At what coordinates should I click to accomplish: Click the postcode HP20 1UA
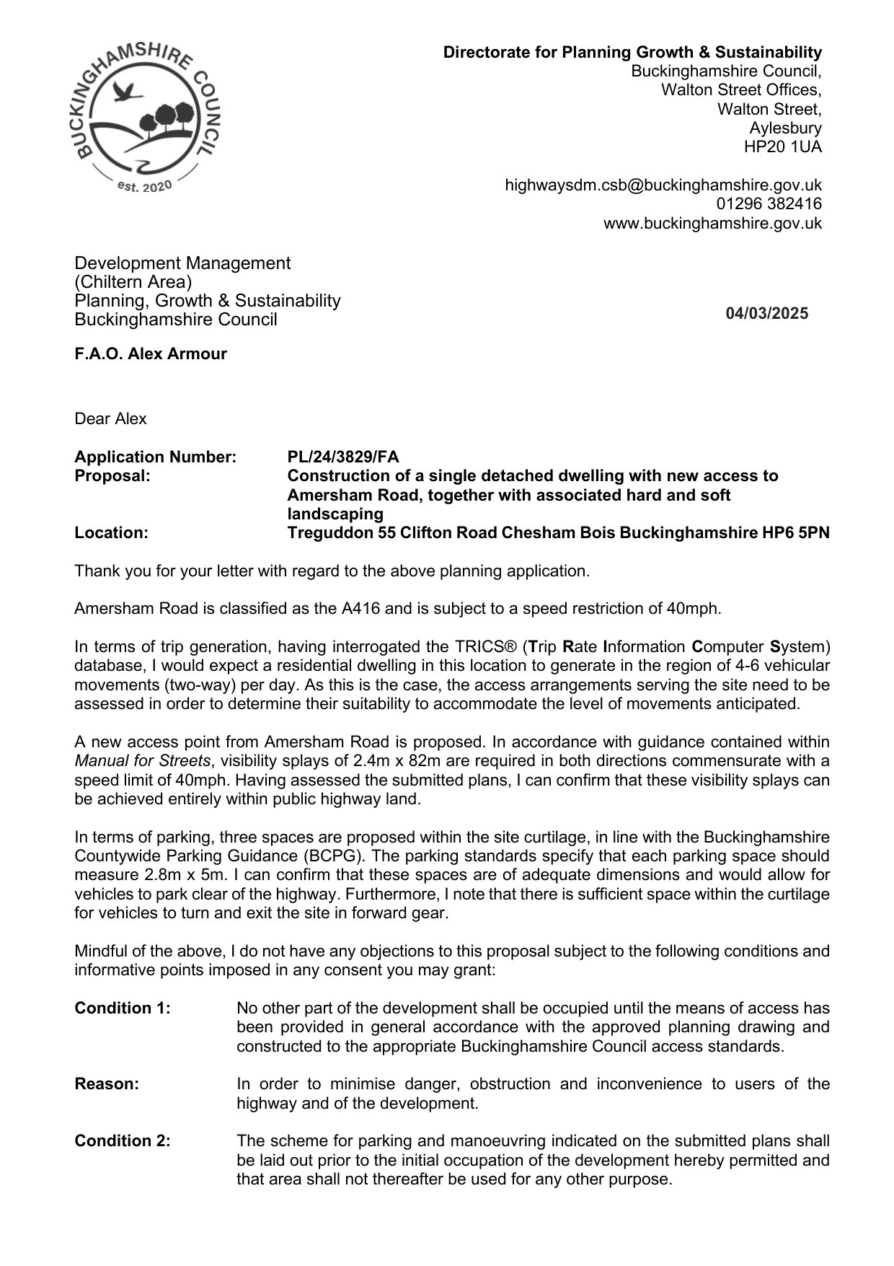pyautogui.click(x=782, y=147)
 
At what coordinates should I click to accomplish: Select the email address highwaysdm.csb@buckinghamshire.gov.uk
pyautogui.click(x=663, y=185)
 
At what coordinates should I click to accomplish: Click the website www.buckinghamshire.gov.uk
pyautogui.click(x=712, y=223)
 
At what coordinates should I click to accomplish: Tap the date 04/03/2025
pyautogui.click(x=767, y=313)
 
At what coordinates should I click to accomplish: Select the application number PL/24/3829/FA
pyautogui.click(x=342, y=457)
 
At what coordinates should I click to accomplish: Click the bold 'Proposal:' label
pyautogui.click(x=112, y=476)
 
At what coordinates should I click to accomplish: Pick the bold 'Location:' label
pyautogui.click(x=111, y=533)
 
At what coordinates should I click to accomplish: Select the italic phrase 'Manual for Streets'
pyautogui.click(x=143, y=761)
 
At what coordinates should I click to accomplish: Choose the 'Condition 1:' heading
pyautogui.click(x=123, y=1008)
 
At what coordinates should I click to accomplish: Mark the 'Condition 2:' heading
pyautogui.click(x=123, y=1141)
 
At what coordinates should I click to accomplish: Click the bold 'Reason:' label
pyautogui.click(x=107, y=1084)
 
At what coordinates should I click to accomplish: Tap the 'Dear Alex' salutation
pyautogui.click(x=110, y=419)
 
